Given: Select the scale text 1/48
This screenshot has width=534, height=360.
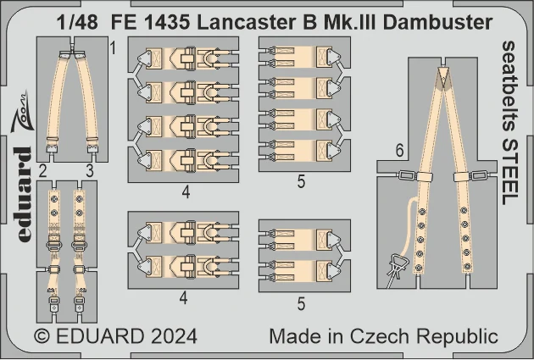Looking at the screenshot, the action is point(77,23).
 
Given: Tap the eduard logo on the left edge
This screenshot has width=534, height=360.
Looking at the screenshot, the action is point(25,194).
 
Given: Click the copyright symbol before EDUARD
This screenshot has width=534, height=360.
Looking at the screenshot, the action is point(42,336).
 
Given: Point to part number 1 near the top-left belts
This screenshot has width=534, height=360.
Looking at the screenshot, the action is point(113,48).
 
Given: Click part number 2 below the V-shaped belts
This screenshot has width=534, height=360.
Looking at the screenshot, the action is point(42,171).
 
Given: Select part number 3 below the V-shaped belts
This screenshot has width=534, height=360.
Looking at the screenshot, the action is point(90,171).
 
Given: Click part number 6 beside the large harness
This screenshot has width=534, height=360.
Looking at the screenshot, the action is point(400,150).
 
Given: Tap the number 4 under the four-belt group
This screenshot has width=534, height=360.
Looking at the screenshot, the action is point(186,193).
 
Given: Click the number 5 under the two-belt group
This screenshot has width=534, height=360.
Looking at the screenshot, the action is point(301,304).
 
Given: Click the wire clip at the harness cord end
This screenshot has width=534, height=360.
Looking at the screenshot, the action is point(395,269).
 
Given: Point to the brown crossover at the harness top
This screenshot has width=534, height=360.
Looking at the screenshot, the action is point(443,81).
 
